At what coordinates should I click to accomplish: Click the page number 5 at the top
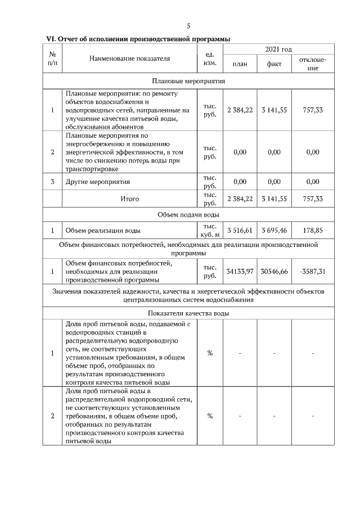tap(188, 26)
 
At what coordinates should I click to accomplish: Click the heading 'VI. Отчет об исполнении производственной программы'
tap(138, 39)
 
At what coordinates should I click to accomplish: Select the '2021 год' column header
tap(278, 50)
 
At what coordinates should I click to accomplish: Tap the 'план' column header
tap(240, 64)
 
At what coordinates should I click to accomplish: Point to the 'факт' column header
tap(274, 64)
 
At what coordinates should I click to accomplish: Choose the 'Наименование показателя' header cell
tap(129, 58)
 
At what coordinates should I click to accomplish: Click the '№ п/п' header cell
tap(52, 58)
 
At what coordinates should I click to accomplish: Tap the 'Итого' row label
tap(129, 199)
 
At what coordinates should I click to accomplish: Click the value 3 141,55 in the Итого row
tap(274, 199)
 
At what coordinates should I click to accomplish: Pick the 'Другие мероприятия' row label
tap(98, 182)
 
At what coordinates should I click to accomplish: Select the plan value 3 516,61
tap(240, 230)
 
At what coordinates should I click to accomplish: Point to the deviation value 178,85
tap(313, 230)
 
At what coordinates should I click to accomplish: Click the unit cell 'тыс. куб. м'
tap(209, 230)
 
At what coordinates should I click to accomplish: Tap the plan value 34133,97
tap(240, 271)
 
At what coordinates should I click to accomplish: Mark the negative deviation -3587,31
tap(313, 271)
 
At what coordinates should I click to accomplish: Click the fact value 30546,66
tap(274, 271)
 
